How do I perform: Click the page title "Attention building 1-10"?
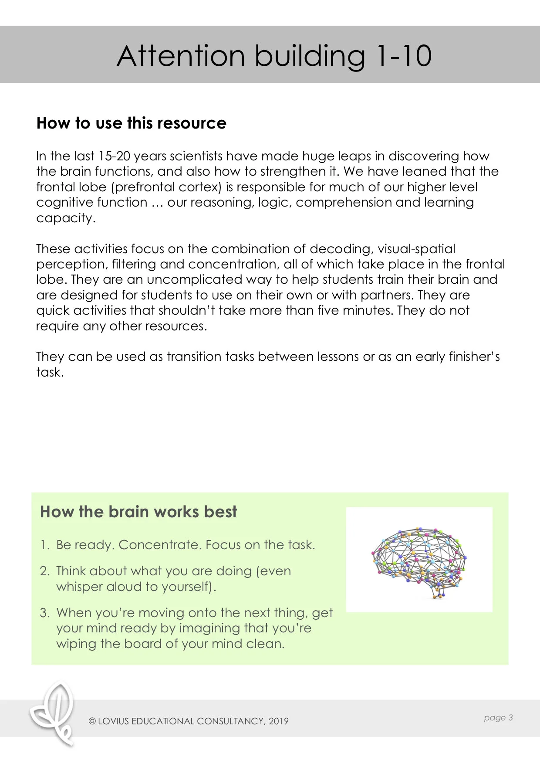pyautogui.click(x=274, y=56)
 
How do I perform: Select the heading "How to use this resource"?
pyautogui.click(x=132, y=123)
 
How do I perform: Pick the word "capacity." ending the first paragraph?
pyautogui.click(x=66, y=218)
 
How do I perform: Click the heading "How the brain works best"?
pyautogui.click(x=138, y=512)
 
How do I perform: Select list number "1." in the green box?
pyautogui.click(x=45, y=545)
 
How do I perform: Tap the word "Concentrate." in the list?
pyautogui.click(x=160, y=545)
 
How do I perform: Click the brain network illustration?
pyautogui.click(x=419, y=560)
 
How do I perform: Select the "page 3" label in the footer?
pyautogui.click(x=498, y=717)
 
